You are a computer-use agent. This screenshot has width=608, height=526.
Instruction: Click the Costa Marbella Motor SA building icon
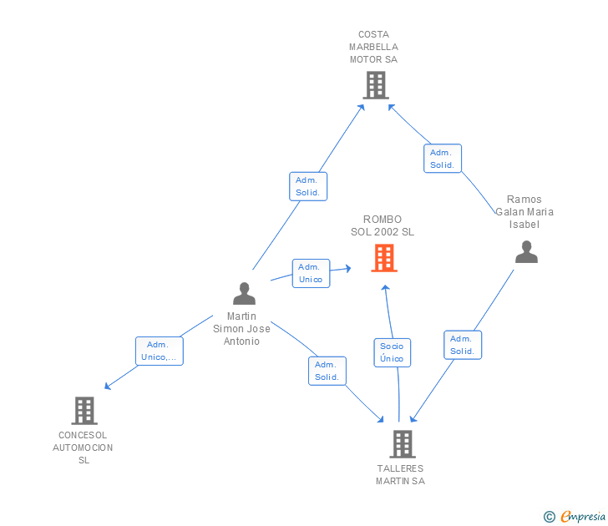coord(376,85)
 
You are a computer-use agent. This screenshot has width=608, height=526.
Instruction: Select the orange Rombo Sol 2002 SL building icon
coord(384,258)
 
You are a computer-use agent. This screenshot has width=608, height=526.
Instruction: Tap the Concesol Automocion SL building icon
coord(84,411)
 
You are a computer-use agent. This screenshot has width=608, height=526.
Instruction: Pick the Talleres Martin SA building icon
coord(403,444)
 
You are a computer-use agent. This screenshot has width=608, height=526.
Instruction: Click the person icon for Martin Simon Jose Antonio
coord(244,294)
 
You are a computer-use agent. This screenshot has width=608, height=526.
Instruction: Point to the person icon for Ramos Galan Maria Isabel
coord(526,252)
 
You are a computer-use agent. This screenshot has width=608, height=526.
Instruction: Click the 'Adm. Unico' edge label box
coord(311,273)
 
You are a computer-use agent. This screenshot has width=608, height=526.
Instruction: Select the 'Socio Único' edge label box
coord(392,352)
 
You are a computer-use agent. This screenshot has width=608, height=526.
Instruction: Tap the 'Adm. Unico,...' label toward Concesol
coord(160,351)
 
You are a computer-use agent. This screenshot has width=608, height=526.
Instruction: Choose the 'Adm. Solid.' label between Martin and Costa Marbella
coord(308,186)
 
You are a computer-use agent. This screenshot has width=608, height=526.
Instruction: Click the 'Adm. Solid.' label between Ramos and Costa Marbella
coord(443,159)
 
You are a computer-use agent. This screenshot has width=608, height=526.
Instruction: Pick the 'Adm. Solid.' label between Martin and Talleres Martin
coord(327,371)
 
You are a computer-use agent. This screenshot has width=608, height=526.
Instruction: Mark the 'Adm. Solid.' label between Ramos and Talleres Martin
coord(463,345)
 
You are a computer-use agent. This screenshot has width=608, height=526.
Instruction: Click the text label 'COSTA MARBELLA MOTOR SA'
coord(373,48)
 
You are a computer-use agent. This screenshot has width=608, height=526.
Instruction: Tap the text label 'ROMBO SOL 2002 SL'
coord(383,226)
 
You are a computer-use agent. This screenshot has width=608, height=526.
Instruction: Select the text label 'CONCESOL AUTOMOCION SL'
coord(83,448)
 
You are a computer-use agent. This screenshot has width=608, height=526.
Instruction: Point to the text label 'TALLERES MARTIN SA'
coord(400,475)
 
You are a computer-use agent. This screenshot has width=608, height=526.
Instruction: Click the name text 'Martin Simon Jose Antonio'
coord(242,329)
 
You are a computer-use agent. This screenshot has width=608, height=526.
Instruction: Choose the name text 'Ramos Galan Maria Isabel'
coord(524,212)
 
